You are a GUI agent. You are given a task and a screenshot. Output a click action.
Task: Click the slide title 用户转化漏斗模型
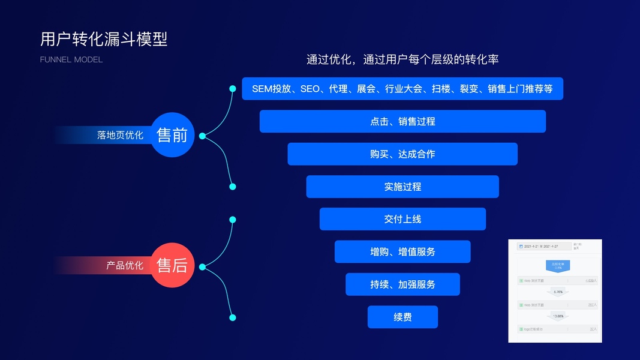[104, 39]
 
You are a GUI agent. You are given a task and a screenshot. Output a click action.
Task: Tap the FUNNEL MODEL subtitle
[71, 60]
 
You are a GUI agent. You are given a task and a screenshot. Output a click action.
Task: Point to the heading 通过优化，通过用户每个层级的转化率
[402, 59]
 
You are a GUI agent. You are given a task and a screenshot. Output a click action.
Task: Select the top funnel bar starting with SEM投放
[402, 89]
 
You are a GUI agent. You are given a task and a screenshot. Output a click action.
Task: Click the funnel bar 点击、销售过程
[402, 121]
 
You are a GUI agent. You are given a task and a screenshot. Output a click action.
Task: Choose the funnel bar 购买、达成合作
[402, 154]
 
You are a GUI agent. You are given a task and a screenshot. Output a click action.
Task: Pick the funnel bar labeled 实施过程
[402, 187]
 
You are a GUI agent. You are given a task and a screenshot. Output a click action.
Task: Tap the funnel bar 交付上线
[402, 219]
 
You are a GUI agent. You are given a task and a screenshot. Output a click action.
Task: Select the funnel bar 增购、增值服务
[402, 252]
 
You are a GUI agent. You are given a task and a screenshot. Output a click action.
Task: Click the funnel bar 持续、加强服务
[402, 284]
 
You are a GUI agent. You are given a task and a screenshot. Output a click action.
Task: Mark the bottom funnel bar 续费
[402, 317]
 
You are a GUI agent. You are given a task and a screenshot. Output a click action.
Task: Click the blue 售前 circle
[172, 135]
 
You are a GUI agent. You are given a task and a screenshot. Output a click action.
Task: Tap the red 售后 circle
[172, 265]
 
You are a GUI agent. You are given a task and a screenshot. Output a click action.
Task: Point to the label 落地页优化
[120, 136]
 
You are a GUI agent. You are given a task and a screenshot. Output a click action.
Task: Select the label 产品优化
[125, 265]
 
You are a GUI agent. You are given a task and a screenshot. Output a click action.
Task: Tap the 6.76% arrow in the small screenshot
[558, 292]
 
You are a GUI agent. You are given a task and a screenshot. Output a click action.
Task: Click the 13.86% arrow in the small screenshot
[558, 316]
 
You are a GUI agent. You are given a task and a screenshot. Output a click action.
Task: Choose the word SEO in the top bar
[310, 89]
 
